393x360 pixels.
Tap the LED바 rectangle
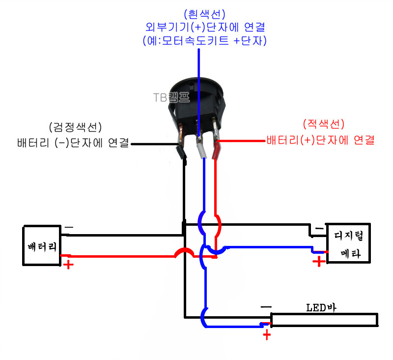point(324,320)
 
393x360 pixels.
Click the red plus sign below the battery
point(68,265)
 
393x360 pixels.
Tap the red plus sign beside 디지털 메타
point(319,261)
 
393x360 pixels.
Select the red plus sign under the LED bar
point(267,335)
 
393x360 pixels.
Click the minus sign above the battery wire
point(69,228)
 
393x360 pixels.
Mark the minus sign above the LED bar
point(266,307)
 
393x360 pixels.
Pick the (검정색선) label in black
point(75,127)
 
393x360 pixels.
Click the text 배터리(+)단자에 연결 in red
point(321,140)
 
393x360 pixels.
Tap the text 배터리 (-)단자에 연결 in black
point(73,144)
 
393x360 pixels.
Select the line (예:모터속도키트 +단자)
point(203,40)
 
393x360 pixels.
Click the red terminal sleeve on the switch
point(216,150)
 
